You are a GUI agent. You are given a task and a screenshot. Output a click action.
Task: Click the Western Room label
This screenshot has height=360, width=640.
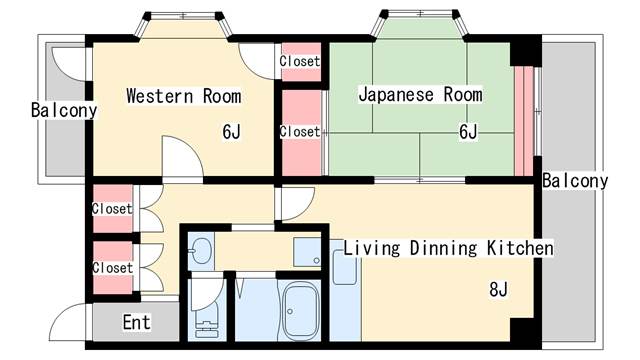point(183,97)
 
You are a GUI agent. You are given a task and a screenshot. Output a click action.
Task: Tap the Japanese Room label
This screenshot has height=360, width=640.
point(420,95)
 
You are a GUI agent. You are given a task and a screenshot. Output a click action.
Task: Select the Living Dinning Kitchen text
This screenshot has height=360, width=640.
point(449,247)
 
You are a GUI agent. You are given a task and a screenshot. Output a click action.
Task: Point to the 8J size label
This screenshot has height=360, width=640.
point(499,291)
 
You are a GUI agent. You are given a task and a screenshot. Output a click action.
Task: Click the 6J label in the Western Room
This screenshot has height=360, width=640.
point(232,131)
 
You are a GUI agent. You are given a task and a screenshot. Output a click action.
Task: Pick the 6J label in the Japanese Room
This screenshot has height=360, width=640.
point(468,131)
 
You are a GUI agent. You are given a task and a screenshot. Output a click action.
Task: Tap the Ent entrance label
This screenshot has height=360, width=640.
point(136,323)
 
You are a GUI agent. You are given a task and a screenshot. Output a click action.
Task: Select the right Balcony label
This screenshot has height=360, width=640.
point(575,181)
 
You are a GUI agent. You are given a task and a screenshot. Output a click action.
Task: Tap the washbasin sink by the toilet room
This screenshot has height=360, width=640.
point(201,250)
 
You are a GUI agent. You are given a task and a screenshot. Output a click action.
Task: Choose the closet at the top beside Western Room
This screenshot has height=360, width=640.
point(299,61)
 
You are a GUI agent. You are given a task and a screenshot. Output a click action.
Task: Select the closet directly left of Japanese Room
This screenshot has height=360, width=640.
point(299,131)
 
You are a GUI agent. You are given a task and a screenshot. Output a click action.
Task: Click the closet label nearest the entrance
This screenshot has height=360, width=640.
point(112,268)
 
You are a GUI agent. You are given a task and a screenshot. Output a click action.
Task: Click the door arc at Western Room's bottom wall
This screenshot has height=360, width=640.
point(180,158)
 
